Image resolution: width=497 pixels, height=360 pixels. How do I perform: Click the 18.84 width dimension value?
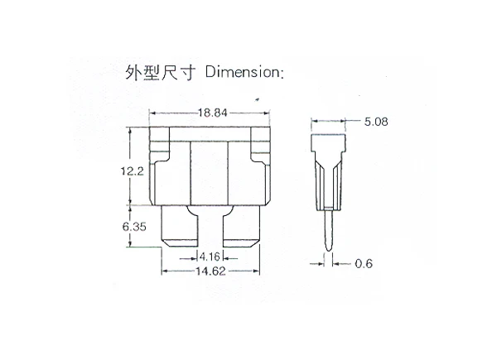tap(211, 113)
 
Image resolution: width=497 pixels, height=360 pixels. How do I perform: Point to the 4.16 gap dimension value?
tap(209, 256)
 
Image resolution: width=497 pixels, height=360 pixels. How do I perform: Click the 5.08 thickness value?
tap(374, 122)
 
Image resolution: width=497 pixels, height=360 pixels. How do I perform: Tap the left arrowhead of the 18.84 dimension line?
tap(152, 113)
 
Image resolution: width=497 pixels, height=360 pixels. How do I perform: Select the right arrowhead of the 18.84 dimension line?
tap(269, 113)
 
